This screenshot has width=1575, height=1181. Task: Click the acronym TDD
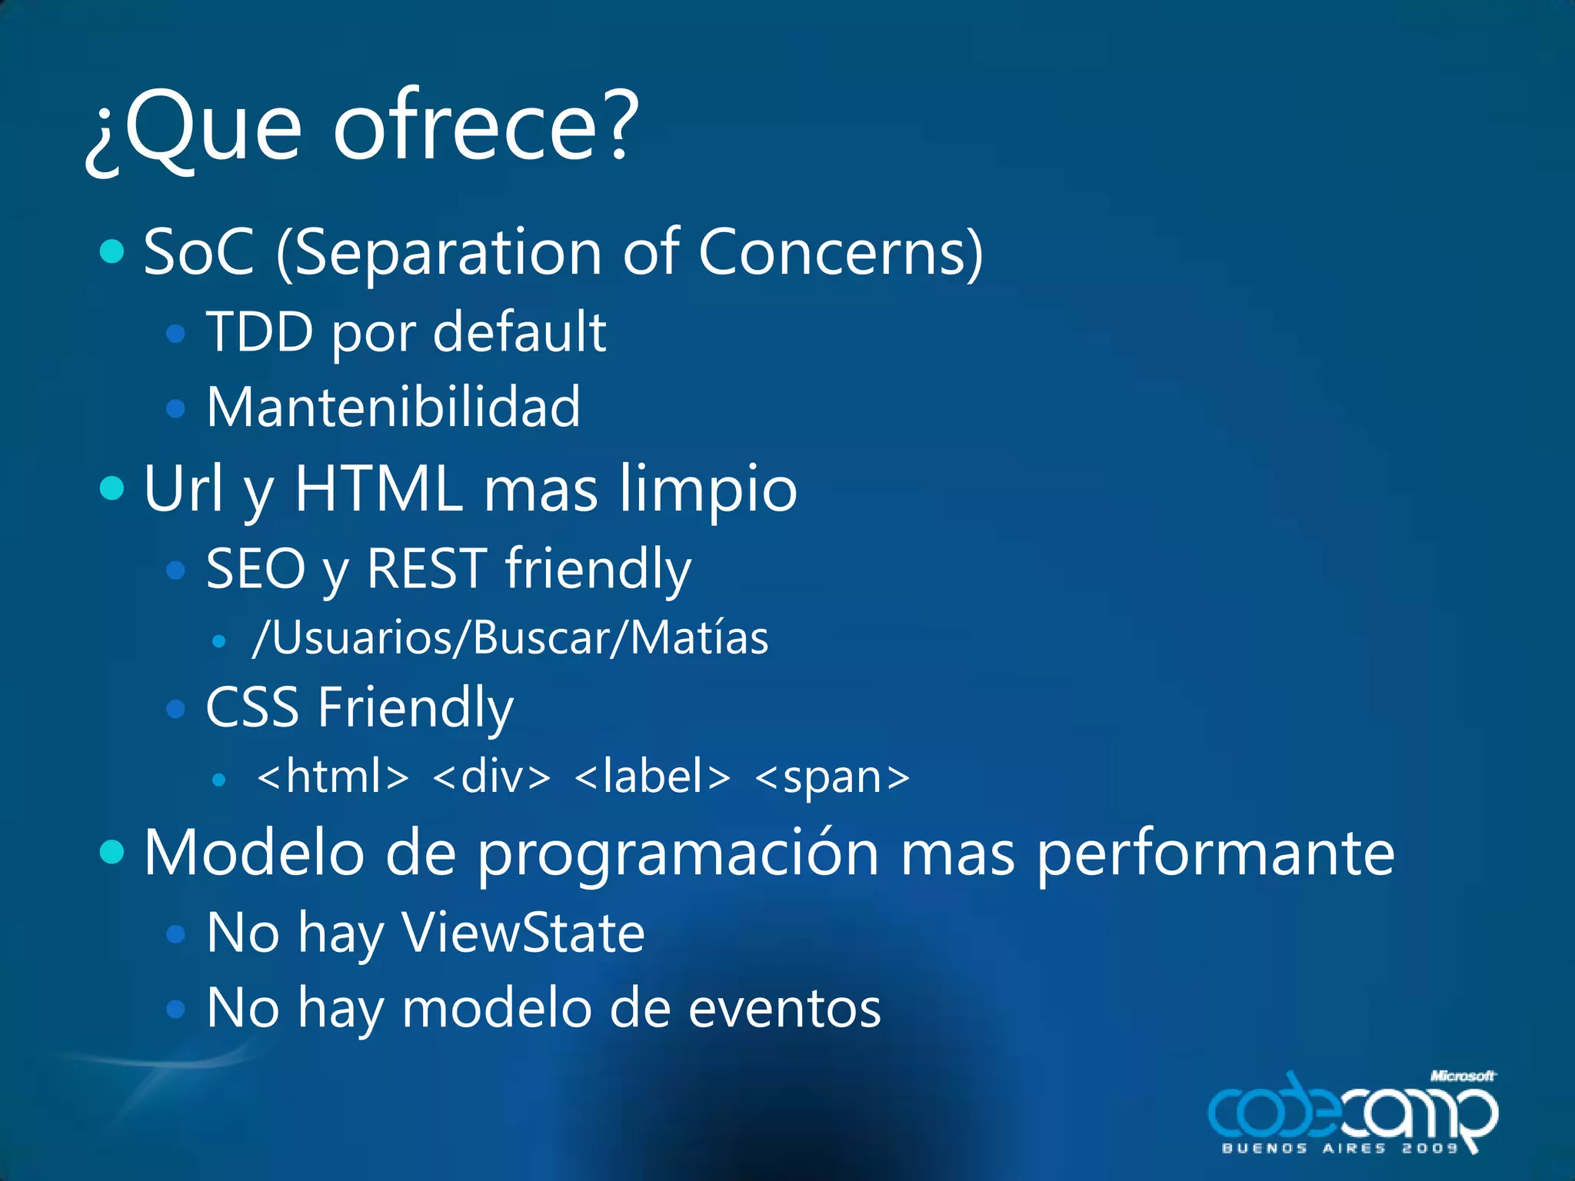[x=260, y=332]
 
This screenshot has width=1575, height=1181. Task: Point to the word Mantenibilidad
[x=393, y=408]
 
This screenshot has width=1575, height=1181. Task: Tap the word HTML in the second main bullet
[x=379, y=488]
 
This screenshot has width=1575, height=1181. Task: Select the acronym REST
[x=427, y=569]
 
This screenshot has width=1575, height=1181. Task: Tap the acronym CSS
[x=252, y=707]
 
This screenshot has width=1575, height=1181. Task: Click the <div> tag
[x=492, y=777]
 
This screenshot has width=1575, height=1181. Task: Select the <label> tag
[x=652, y=777]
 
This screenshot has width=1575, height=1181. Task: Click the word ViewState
[x=523, y=933]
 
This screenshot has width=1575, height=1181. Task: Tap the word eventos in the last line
[x=784, y=1009]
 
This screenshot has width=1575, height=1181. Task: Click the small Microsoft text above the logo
[x=1462, y=1076]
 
